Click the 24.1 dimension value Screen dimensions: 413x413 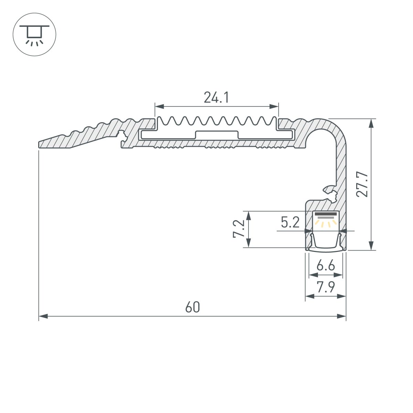coord(216,98)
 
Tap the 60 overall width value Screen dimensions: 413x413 coord(192,307)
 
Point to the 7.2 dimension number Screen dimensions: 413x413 coord(239,229)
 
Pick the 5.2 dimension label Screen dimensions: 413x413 coord(290,223)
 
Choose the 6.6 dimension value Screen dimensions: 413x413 coord(325,266)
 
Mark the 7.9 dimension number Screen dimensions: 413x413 coord(326,287)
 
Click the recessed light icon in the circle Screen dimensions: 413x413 coord(34,34)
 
